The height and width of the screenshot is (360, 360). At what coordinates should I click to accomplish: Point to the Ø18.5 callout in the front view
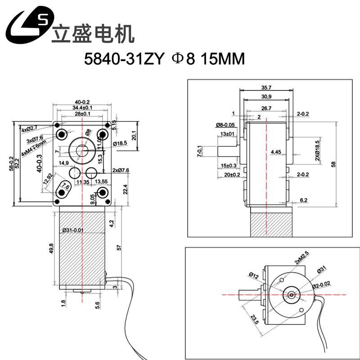121,143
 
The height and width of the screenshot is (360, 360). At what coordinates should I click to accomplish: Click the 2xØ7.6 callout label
121,170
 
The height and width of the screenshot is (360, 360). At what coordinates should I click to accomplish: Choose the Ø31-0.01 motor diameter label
73,230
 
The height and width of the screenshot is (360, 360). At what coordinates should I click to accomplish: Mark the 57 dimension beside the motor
119,248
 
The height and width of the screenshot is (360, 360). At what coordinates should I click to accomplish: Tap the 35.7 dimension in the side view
266,88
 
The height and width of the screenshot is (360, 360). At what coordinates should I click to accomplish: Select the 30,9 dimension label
266,97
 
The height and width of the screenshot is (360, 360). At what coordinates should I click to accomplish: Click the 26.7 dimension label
266,108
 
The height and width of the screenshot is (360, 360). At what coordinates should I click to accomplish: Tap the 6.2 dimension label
303,199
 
